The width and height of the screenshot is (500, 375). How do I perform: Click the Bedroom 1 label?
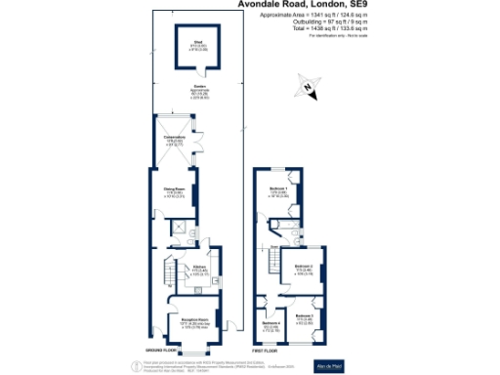click(278, 191)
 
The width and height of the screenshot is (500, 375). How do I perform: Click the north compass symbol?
click(308, 89)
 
